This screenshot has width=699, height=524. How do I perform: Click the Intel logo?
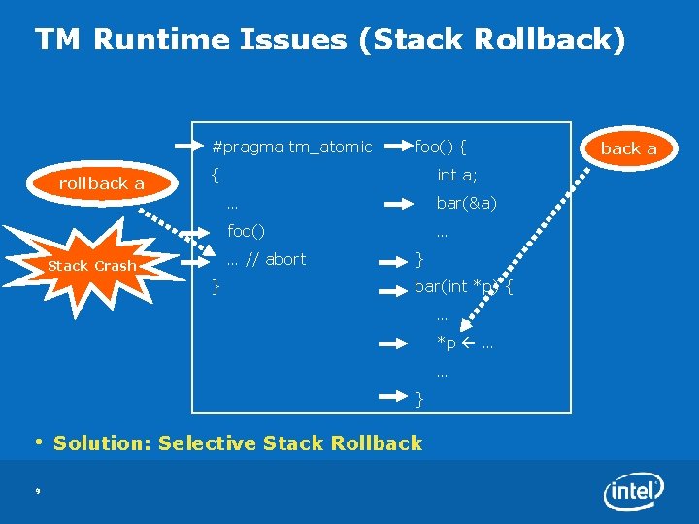tap(635, 492)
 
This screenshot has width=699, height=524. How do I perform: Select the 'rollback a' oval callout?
tap(101, 183)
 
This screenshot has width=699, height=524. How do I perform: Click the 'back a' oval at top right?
tap(628, 148)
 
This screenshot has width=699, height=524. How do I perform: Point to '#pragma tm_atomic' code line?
tap(291, 147)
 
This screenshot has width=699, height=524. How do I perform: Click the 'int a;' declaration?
tap(456, 176)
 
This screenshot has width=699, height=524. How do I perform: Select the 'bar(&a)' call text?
tap(466, 204)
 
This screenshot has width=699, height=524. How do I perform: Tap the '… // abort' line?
tap(265, 259)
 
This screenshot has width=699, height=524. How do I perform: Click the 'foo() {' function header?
tap(441, 147)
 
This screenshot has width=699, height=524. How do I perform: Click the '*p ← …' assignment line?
tap(464, 344)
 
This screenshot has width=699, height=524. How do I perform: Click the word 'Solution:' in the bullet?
tap(102, 443)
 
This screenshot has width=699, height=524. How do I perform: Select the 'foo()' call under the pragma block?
tap(246, 232)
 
